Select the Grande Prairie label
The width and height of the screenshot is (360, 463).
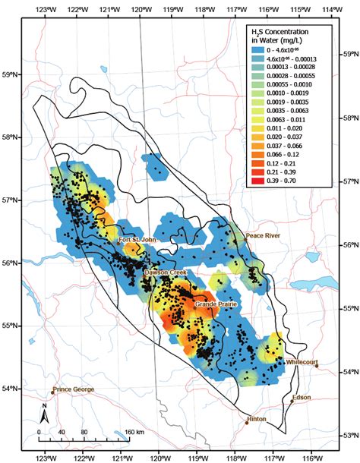pyautogui.click(x=216, y=304)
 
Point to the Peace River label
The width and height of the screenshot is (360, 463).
pyautogui.click(x=263, y=236)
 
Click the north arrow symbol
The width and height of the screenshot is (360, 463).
pyautogui.click(x=45, y=415)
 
